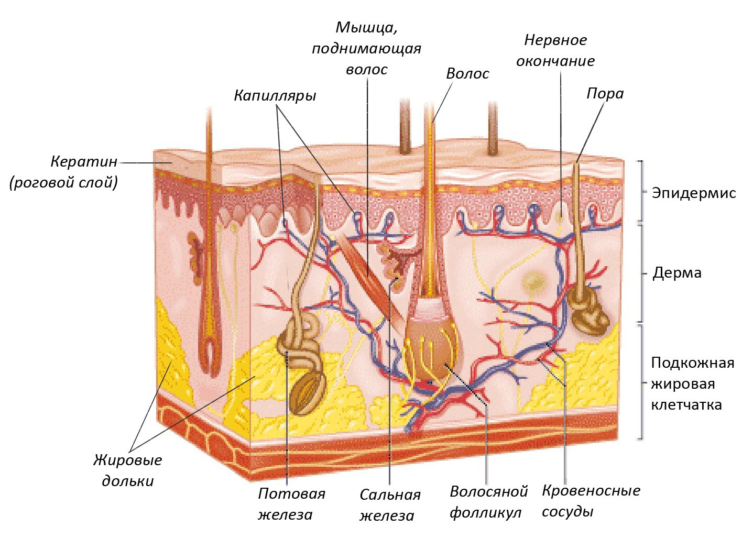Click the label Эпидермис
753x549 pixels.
click(693, 193)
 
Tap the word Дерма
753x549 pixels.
click(676, 272)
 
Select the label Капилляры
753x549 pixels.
click(275, 96)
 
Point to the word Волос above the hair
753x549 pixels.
click(467, 74)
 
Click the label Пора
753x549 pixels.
click(605, 94)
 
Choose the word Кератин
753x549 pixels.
click(84, 162)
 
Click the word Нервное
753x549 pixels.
click(555, 40)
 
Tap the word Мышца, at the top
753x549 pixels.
click(366, 28)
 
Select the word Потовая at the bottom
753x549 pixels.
click(291, 494)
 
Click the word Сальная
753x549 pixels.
click(390, 495)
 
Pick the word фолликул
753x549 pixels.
click(485, 513)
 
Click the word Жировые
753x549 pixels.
click(128, 460)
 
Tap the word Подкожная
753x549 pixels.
click(693, 363)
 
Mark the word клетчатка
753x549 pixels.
click(686, 404)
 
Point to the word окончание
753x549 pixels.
click(555, 61)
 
